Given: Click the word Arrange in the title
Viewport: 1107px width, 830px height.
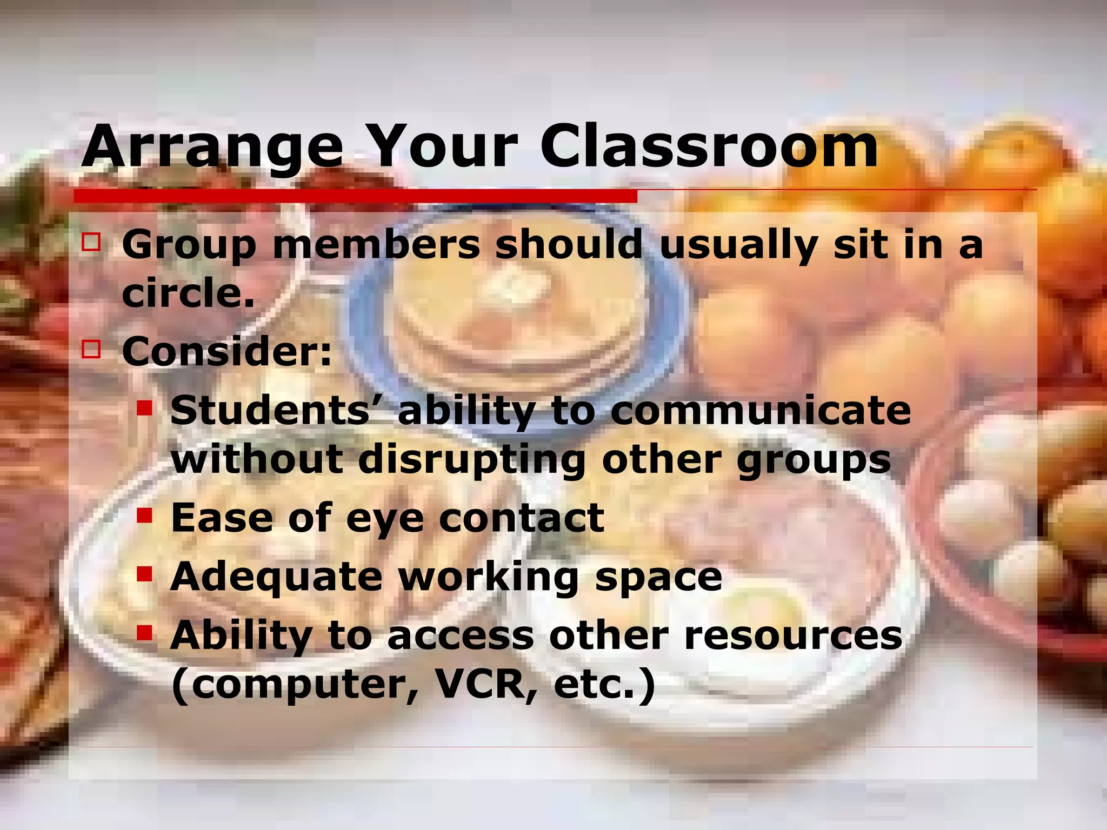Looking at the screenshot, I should click(212, 147).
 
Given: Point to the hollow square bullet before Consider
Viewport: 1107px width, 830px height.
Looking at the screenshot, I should click(91, 349).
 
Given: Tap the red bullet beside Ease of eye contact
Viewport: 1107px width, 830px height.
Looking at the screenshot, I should click(144, 515).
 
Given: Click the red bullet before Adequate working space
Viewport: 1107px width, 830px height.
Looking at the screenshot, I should click(144, 573).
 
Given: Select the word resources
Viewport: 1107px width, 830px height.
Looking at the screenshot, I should click(793, 635).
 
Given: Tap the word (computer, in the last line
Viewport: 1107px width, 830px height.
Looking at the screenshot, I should click(296, 685).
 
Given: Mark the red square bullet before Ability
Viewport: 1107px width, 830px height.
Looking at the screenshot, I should click(144, 632).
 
